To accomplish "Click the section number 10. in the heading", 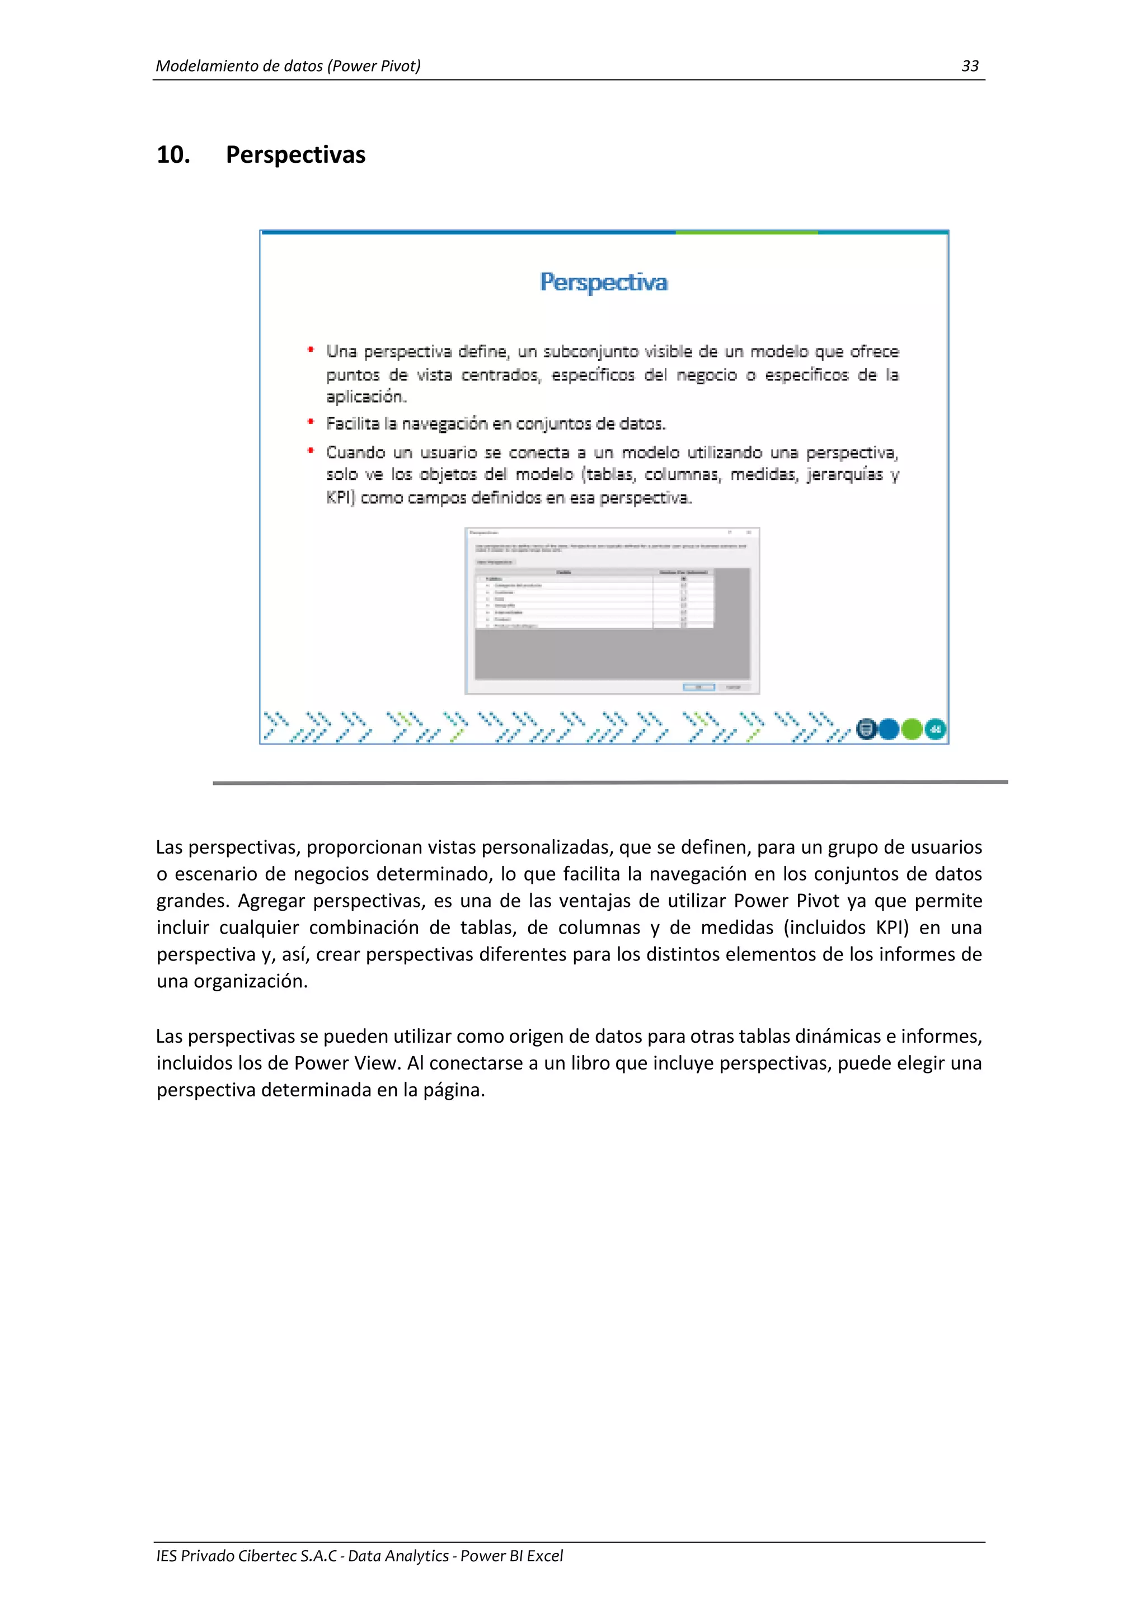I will (173, 154).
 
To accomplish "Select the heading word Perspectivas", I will (295, 154).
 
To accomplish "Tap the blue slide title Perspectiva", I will (603, 282).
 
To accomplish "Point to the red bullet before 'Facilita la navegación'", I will (311, 422).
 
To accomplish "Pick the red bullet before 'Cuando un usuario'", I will (311, 451).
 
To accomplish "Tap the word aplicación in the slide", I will (365, 397).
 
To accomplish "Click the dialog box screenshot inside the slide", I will (612, 610).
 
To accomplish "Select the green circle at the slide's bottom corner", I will (912, 729).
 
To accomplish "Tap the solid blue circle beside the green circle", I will (889, 729).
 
